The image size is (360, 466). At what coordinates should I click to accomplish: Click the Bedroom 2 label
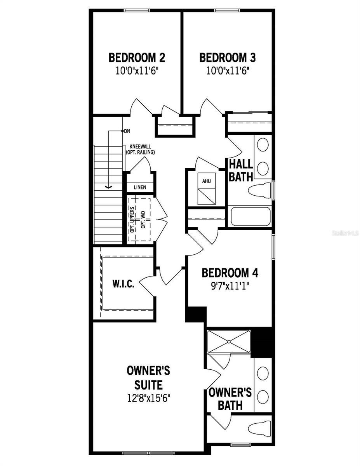click(x=137, y=58)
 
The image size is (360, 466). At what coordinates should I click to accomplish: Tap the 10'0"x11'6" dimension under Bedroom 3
click(x=227, y=71)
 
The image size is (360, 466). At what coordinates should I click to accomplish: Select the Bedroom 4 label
click(x=230, y=273)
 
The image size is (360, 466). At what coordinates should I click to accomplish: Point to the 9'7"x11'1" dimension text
click(x=230, y=285)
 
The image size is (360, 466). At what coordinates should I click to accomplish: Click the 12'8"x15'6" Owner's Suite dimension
click(x=148, y=399)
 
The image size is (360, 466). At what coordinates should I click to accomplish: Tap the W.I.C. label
click(x=123, y=284)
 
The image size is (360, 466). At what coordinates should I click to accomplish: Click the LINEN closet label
click(x=140, y=188)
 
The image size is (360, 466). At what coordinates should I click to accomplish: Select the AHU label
click(x=206, y=181)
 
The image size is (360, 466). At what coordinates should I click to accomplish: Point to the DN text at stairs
click(x=127, y=131)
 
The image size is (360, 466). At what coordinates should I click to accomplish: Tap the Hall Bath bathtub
click(x=250, y=217)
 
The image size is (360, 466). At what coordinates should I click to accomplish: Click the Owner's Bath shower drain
click(x=229, y=342)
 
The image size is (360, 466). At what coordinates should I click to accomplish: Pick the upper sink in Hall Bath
click(x=263, y=145)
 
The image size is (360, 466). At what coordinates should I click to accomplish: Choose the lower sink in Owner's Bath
click(x=263, y=396)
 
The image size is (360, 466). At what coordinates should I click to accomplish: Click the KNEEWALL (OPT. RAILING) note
click(x=140, y=150)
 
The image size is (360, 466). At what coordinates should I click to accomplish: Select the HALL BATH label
click(x=240, y=170)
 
